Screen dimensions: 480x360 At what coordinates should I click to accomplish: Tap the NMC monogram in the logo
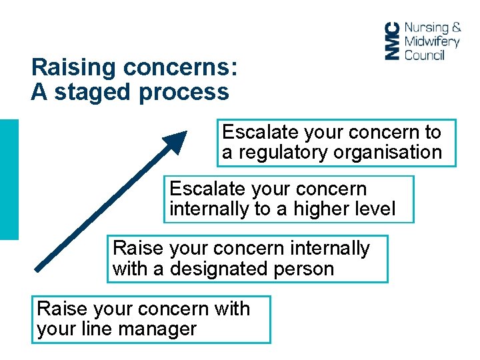pos(393,41)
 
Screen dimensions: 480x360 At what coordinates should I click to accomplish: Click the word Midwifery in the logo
pos(432,41)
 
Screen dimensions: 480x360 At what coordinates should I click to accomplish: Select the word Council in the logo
pos(424,55)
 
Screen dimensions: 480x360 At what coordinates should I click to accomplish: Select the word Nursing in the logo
pos(427,28)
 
